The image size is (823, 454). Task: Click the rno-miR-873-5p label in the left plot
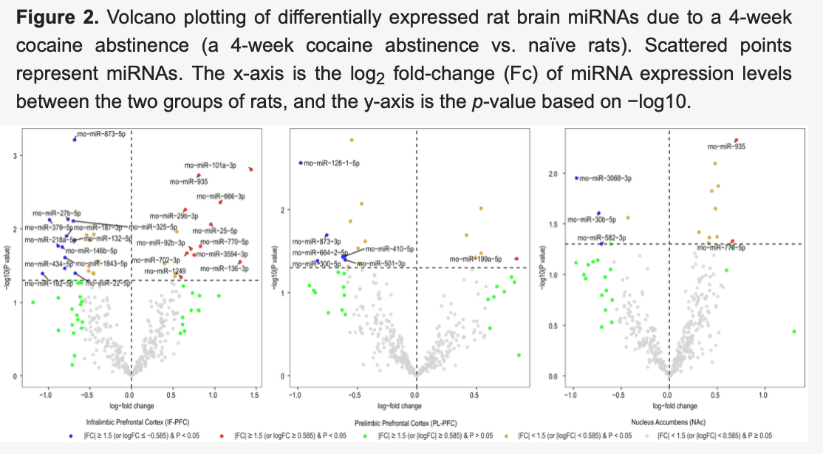click(100, 133)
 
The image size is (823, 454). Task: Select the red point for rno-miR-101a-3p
click(251, 169)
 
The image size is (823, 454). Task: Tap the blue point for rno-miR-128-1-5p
click(300, 163)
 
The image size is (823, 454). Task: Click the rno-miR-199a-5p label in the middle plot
click(479, 260)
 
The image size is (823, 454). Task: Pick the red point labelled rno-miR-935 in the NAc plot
click(736, 140)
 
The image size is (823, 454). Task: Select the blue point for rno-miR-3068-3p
click(577, 177)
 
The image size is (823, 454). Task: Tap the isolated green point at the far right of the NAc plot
click(794, 331)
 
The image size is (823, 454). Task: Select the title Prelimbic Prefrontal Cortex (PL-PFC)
click(418, 421)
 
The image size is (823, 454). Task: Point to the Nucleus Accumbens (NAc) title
click(669, 421)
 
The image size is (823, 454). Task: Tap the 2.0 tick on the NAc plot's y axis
click(553, 173)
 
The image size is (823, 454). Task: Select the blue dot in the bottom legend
click(70, 436)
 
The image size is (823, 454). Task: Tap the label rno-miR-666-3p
click(221, 197)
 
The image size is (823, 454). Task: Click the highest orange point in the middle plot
click(352, 140)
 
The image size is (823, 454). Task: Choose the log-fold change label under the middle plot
click(398, 406)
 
